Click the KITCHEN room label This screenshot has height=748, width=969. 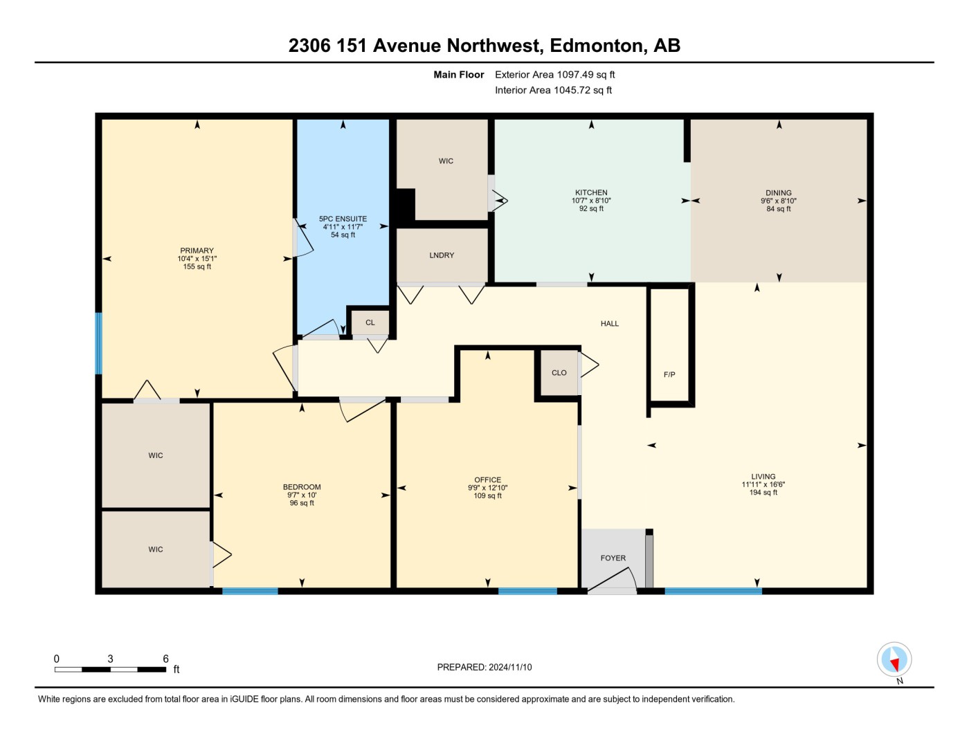pos(591,192)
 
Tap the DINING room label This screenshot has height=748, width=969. pos(778,193)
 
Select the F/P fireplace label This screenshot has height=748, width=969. pos(669,374)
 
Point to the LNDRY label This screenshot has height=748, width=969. pos(442,255)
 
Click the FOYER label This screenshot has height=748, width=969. pos(613,558)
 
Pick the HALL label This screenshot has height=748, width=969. pos(609,324)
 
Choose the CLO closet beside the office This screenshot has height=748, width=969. pos(559,373)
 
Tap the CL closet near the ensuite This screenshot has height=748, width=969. pos(370,322)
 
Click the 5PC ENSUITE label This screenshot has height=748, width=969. pos(343,219)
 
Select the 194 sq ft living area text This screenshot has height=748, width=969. pos(763,493)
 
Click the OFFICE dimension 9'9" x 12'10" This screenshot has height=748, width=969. pos(487,488)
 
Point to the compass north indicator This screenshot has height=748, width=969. pos(894,659)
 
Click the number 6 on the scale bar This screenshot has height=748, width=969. pos(165,659)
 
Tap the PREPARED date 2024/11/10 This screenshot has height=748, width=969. pos(509,667)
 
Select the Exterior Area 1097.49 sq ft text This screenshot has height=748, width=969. pos(554,75)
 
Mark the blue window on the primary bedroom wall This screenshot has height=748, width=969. pos(98,343)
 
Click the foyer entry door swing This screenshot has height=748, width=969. pos(612,579)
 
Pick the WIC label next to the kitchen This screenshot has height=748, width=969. pos(446,161)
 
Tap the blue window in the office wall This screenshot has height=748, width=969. pos(527,591)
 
